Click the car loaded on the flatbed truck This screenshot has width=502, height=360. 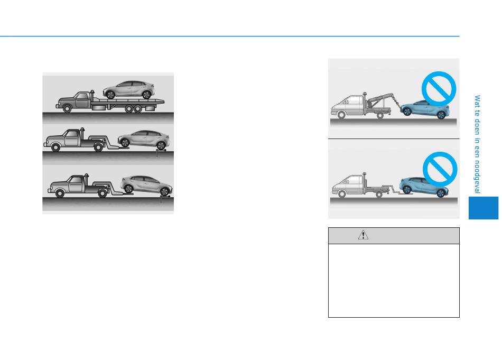pyautogui.click(x=129, y=90)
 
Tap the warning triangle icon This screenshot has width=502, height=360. pyautogui.click(x=363, y=235)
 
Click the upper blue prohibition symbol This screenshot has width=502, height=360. pyautogui.click(x=439, y=89)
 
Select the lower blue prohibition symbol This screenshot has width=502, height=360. pyautogui.click(x=440, y=169)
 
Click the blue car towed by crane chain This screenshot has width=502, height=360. pyautogui.click(x=425, y=109)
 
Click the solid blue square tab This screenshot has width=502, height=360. pyautogui.click(x=484, y=208)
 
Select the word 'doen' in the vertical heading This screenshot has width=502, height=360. pyautogui.click(x=477, y=127)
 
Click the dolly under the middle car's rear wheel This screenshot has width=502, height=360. pyautogui.click(x=161, y=150)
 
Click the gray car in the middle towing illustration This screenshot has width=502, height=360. pyautogui.click(x=143, y=140)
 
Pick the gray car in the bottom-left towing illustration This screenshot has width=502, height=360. pyautogui.click(x=146, y=185)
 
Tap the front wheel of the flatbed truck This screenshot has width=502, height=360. pyautogui.click(x=67, y=108)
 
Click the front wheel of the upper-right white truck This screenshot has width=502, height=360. pyautogui.click(x=341, y=115)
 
